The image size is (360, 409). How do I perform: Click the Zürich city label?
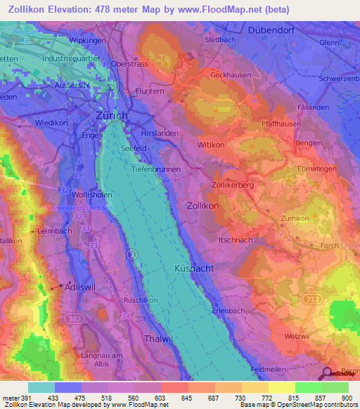[x=112, y=115]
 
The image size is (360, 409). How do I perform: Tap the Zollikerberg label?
[x=232, y=185]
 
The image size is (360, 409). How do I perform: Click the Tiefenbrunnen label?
[x=156, y=169]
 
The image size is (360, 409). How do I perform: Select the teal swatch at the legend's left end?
[x=41, y=387]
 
